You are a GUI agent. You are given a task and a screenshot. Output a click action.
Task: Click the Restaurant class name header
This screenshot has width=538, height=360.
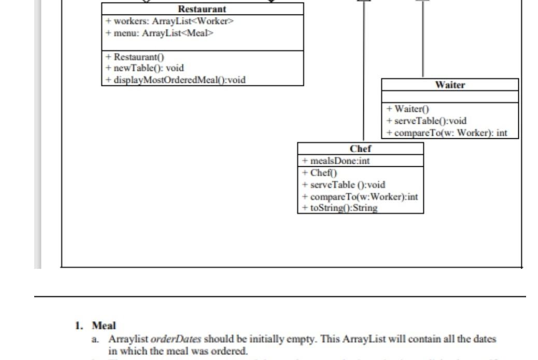tap(202, 9)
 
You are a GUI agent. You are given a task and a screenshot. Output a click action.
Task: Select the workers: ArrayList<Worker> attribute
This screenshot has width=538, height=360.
tap(170, 21)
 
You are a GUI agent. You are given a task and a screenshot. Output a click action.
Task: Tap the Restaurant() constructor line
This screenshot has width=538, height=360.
tap(135, 57)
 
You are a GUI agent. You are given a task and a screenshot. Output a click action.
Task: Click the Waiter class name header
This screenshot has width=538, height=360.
tap(450, 85)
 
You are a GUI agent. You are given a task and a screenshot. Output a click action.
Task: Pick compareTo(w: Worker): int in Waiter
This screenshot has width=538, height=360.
tap(447, 133)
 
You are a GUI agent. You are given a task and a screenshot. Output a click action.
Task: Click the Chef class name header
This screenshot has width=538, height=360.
tap(360, 149)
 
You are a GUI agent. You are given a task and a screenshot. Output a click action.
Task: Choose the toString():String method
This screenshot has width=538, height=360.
tap(339, 208)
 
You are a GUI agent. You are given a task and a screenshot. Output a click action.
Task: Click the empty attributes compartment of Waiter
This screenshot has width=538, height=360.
tap(450, 97)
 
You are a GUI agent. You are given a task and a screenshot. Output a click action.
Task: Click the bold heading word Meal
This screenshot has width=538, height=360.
tap(104, 326)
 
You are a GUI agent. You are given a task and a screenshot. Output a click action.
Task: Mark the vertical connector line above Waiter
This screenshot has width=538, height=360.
tap(423, 39)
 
